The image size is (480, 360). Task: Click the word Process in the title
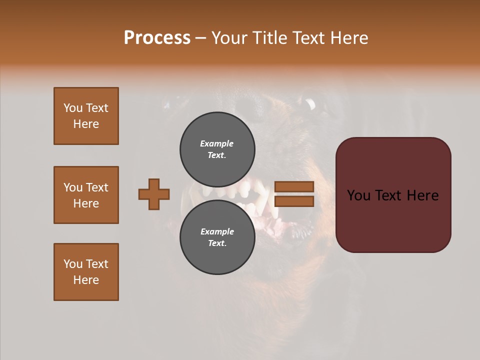pos(157,38)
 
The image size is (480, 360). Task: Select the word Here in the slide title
pos(347,38)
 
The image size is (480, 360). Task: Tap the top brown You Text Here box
pos(86,116)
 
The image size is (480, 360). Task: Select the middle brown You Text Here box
pos(86,195)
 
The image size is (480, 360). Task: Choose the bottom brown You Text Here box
pos(86,272)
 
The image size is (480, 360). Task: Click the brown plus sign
pos(154,194)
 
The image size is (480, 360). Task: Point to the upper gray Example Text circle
pos(217,149)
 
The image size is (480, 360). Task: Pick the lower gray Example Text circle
pos(217,237)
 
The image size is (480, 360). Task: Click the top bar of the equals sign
pos(294,186)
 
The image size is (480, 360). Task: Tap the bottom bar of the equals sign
pos(294,201)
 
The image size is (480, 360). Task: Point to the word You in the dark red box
pos(358,195)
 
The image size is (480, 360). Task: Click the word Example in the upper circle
pos(217,143)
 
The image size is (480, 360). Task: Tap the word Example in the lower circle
pos(217,231)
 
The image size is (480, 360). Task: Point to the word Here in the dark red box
pos(422,195)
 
